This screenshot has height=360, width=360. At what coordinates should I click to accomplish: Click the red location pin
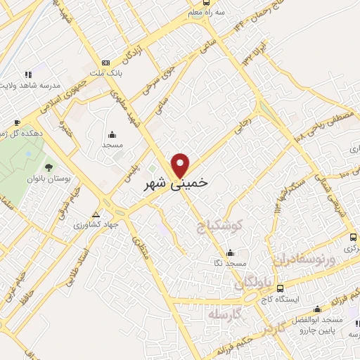coord(181,165)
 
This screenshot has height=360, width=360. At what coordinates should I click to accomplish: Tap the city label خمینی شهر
coord(175,184)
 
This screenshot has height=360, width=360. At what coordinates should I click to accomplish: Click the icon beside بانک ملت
coord(106,62)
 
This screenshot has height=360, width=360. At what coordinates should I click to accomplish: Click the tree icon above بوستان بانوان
coord(48,167)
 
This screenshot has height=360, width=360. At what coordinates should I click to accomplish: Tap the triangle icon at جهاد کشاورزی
coord(96,214)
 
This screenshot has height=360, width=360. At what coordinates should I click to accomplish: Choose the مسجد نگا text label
coord(231,263)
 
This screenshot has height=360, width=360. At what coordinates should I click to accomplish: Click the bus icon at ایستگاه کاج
coord(281,288)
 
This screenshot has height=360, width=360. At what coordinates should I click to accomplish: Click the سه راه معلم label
coord(210,12)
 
